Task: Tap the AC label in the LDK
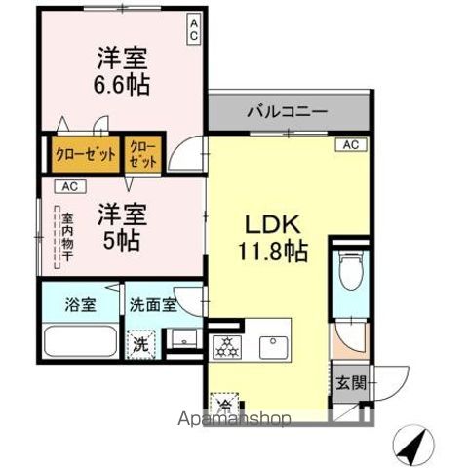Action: point(351,145)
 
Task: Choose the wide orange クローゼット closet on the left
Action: point(86,154)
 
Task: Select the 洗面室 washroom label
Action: point(153,304)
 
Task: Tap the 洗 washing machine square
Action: point(141,343)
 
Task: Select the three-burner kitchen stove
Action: point(226,344)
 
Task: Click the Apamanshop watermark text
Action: point(235,421)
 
